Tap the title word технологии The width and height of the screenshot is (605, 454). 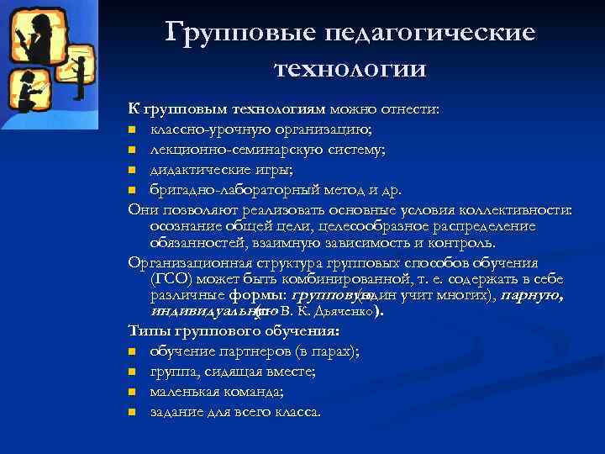(x=350, y=67)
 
